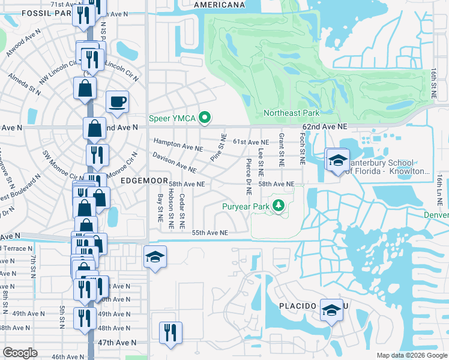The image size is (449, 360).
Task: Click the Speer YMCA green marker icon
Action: coord(205,118)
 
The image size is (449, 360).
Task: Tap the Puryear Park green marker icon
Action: coord(279,207)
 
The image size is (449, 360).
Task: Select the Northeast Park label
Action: coord(291,113)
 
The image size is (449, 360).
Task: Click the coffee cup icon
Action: coord(117,101)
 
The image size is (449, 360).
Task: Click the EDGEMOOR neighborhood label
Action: coord(143,179)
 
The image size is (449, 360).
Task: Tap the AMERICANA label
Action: coord(219,4)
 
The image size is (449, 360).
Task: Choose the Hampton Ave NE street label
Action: coord(178,145)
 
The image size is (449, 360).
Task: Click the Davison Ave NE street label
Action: coord(174,162)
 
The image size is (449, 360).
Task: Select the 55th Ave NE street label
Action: coord(209,233)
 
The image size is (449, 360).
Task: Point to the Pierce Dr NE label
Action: coord(248,176)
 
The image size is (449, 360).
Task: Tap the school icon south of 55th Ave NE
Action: coord(155,257)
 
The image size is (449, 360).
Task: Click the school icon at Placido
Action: coord(331,310)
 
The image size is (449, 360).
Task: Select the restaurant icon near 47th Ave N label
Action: coord(170,332)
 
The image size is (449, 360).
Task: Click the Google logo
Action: coord(20,353)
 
